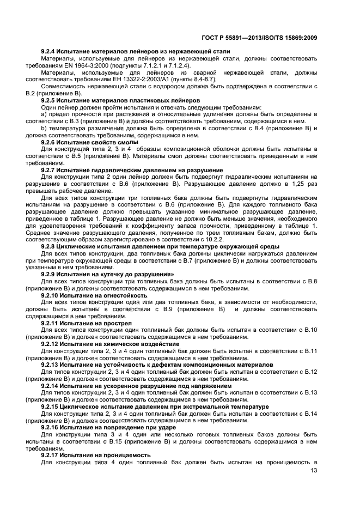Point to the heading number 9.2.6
50,142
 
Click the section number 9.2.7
50,170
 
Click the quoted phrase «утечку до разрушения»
138,274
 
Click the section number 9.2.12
51,344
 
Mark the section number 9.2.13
51,365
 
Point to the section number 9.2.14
51,385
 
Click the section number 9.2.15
51,406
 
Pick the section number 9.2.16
51,427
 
